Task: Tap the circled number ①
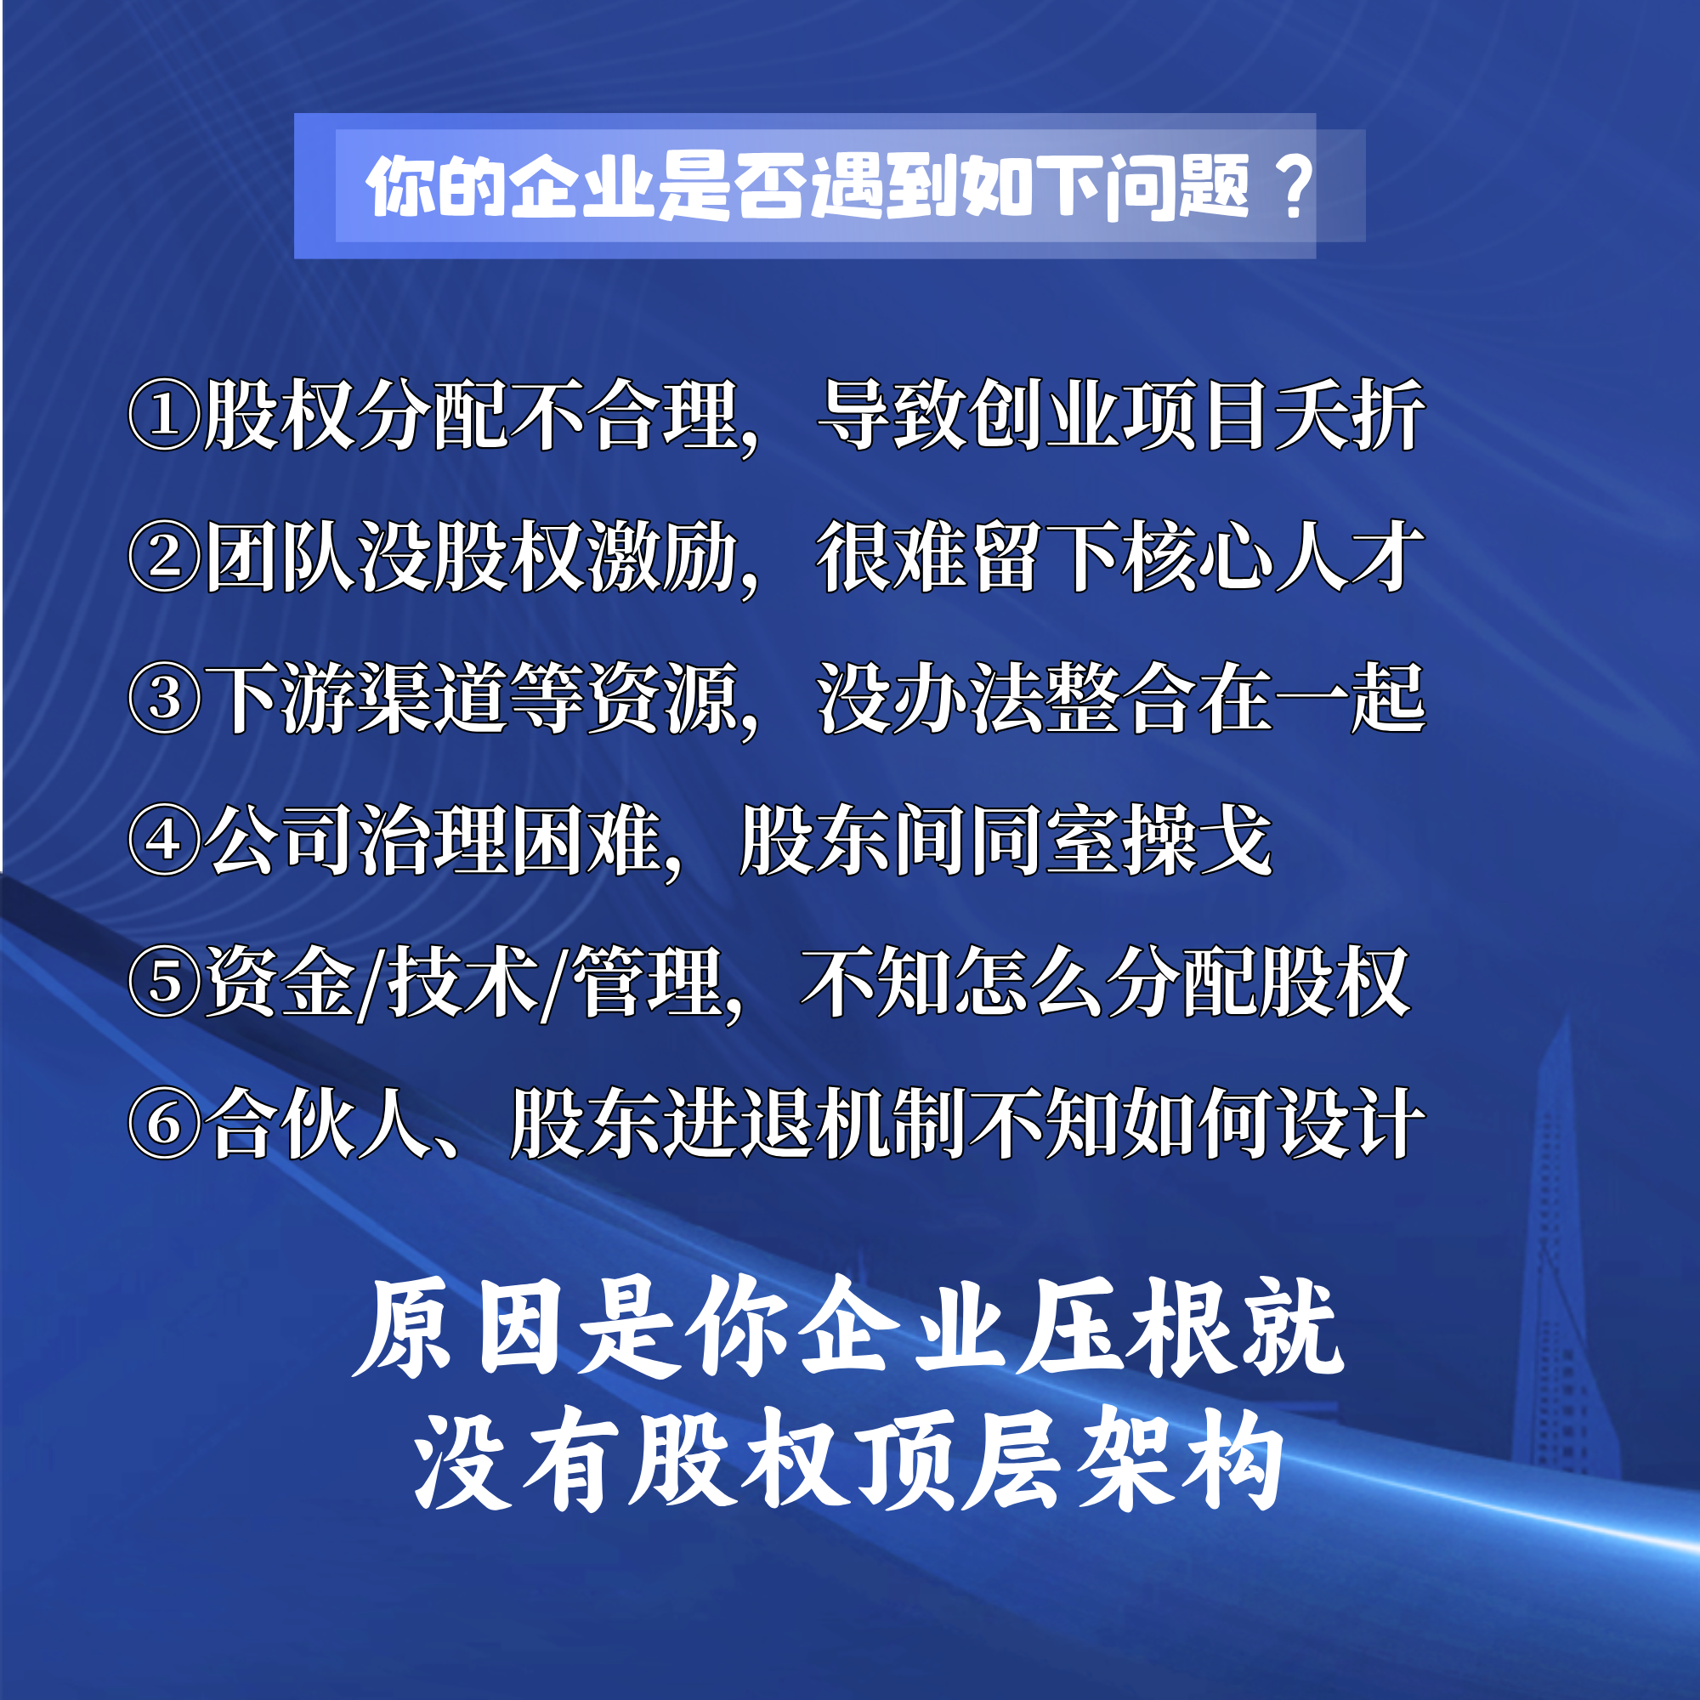point(166,416)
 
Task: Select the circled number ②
point(166,558)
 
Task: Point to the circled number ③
point(166,700)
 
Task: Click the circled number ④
point(166,841)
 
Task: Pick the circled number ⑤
point(166,982)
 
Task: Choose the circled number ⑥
point(166,1124)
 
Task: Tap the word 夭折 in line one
point(1350,415)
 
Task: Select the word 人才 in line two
point(1350,556)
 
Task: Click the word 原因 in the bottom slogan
point(457,1329)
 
